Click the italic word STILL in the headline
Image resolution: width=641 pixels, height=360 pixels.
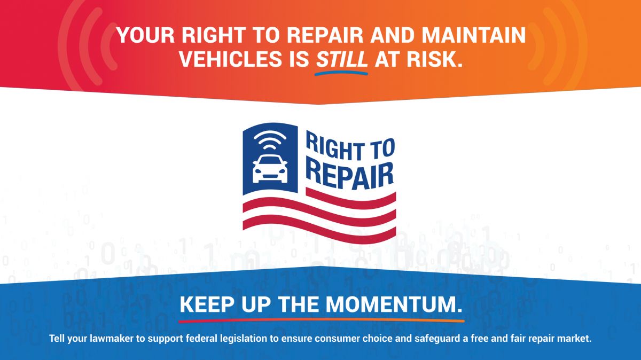[x=342, y=59]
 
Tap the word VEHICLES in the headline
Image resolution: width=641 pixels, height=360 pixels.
[x=230, y=59]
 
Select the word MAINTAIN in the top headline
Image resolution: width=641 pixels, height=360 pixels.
[x=474, y=35]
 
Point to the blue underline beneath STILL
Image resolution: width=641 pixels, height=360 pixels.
[x=341, y=74]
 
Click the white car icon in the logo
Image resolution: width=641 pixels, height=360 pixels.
[x=270, y=169]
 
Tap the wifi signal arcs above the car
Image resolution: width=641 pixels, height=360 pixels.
[x=270, y=140]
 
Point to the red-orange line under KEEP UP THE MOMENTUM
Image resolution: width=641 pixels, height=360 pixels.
[x=322, y=320]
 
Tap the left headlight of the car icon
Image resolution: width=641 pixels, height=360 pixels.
[x=258, y=171]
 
